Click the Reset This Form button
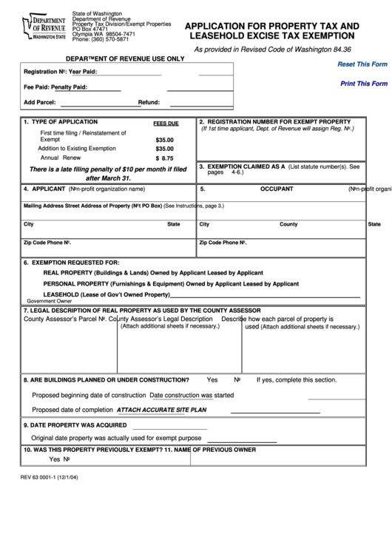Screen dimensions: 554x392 tap(362, 64)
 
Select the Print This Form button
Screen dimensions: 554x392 tap(363, 84)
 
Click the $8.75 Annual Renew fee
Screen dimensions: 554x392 tap(164, 158)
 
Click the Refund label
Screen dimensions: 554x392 tap(149, 102)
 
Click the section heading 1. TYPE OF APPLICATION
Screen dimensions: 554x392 tap(61, 121)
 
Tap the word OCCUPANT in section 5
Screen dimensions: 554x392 tap(277, 189)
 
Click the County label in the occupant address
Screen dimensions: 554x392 tap(288, 223)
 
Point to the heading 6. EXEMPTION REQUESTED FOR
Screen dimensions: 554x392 tap(71, 262)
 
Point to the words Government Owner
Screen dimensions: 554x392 tap(50, 301)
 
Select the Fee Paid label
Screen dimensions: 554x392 tap(36, 87)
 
